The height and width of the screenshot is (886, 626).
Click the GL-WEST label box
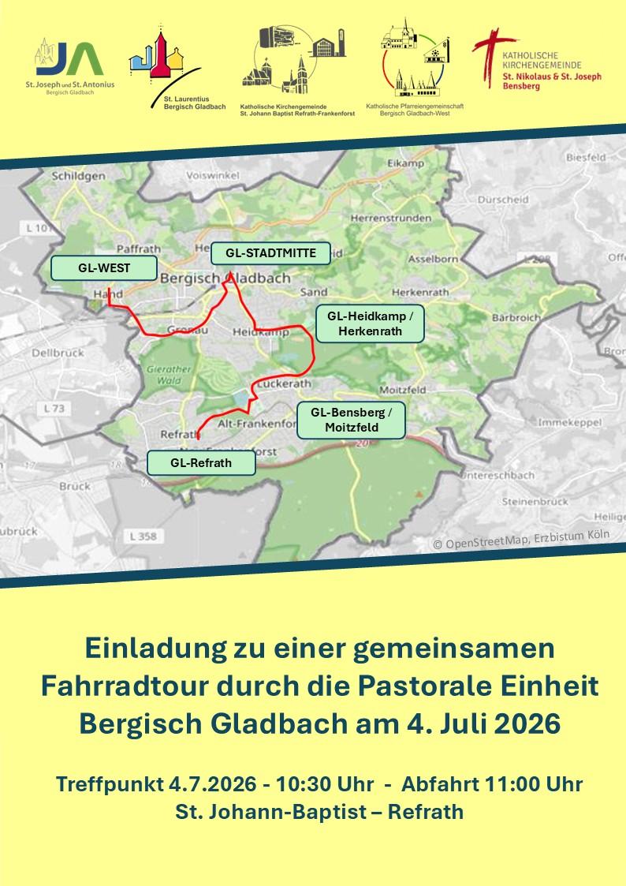point(103,268)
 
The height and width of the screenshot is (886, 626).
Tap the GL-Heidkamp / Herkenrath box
point(370,323)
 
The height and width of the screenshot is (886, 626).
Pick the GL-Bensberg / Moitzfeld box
point(351,420)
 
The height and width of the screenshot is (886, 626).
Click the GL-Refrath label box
point(201,462)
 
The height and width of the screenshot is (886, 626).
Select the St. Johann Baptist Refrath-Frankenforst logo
point(298,72)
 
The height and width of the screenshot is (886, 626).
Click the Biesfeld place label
point(585,158)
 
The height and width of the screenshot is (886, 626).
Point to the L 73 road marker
point(53,409)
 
